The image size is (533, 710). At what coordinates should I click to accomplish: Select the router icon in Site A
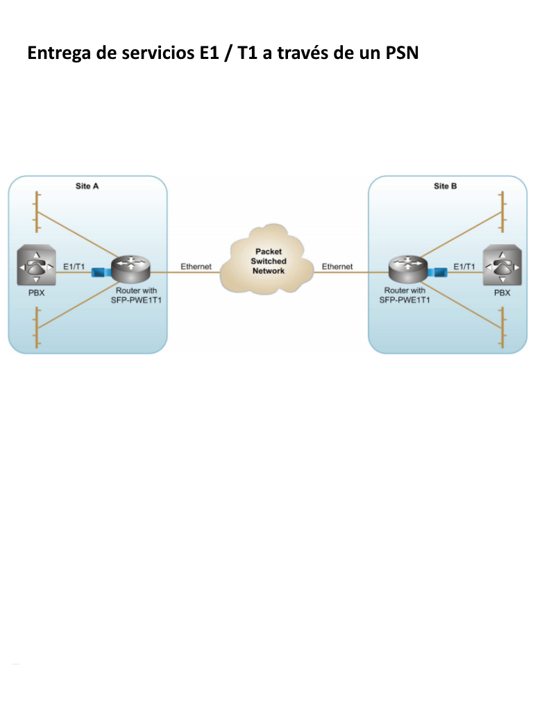[131, 267]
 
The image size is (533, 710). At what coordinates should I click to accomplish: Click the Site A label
[87, 187]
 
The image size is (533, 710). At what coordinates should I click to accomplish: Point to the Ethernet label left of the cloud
[196, 266]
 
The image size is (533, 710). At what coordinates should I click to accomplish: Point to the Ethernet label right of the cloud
[337, 266]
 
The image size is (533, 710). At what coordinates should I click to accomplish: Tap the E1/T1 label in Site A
[74, 266]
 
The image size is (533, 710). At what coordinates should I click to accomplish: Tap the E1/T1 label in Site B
[464, 266]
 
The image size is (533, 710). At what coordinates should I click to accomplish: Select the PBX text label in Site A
[36, 293]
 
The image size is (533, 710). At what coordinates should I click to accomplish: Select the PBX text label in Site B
[502, 293]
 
